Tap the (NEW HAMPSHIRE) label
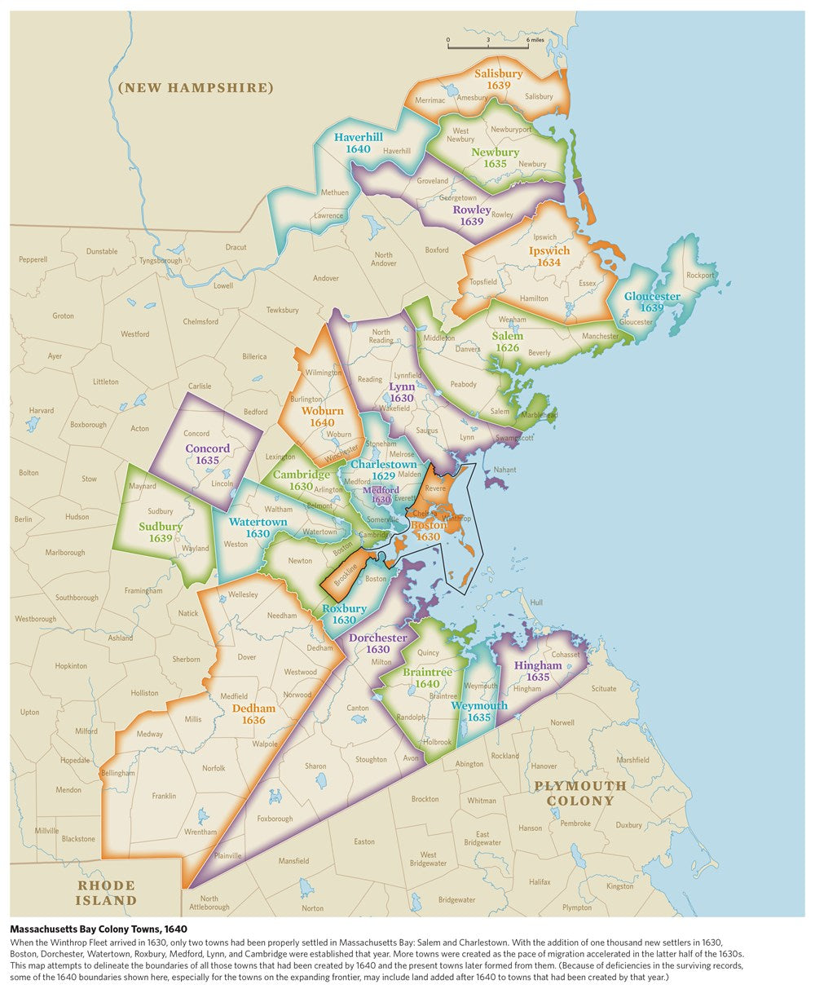pyautogui.click(x=195, y=87)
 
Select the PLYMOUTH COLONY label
pyautogui.click(x=580, y=793)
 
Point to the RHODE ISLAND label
pyautogui.click(x=106, y=893)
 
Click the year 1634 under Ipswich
pyautogui.click(x=548, y=263)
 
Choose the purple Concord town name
pyautogui.click(x=207, y=448)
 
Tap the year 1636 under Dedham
pyautogui.click(x=253, y=720)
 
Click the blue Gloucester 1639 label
pyautogui.click(x=652, y=302)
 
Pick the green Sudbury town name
pyautogui.click(x=161, y=527)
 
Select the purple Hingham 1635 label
pyautogui.click(x=538, y=671)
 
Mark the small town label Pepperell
pyautogui.click(x=33, y=259)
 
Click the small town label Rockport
pyautogui.click(x=699, y=275)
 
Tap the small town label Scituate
pyautogui.click(x=604, y=689)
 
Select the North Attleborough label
pyautogui.click(x=209, y=903)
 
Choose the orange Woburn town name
pyautogui.click(x=322, y=411)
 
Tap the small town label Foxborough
pyautogui.click(x=275, y=819)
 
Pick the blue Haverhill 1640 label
pyautogui.click(x=358, y=143)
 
